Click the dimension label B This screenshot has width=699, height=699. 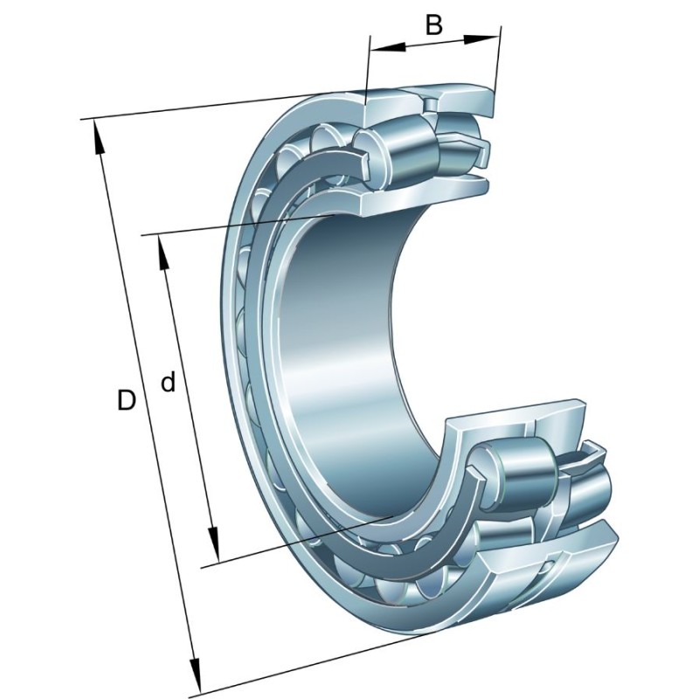434,24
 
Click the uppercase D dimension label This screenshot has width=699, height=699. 127,401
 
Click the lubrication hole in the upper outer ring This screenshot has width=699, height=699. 430,104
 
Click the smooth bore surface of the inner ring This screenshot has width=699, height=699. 349,349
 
